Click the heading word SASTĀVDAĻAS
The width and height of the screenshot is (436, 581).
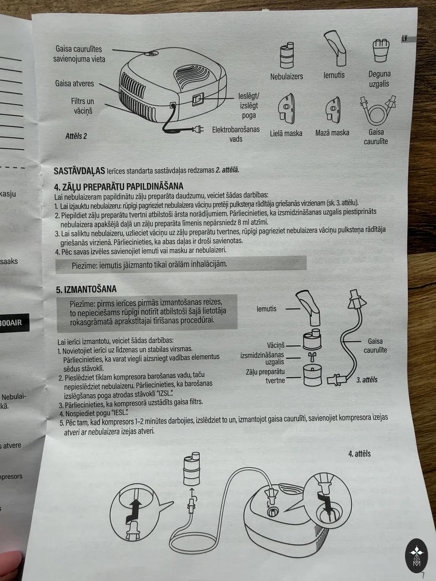point(79,171)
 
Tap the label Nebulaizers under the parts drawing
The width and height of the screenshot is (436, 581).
point(286,76)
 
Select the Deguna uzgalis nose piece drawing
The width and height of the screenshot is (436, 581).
point(381,50)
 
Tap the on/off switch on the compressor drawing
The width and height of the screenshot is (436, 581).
point(198,99)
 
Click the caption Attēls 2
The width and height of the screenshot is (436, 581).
point(76,136)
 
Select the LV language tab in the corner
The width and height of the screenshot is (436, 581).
point(405,39)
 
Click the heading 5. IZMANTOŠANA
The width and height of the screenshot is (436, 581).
point(86,289)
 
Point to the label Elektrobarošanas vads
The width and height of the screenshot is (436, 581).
point(236,134)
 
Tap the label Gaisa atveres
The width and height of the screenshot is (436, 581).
point(75,83)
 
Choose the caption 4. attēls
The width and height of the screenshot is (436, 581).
point(359,454)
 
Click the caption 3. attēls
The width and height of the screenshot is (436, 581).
point(367,380)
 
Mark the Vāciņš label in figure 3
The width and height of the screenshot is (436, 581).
point(276,345)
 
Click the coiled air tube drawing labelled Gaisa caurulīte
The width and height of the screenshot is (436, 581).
point(377,110)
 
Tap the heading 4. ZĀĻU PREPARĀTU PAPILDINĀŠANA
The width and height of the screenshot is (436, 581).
point(119,186)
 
